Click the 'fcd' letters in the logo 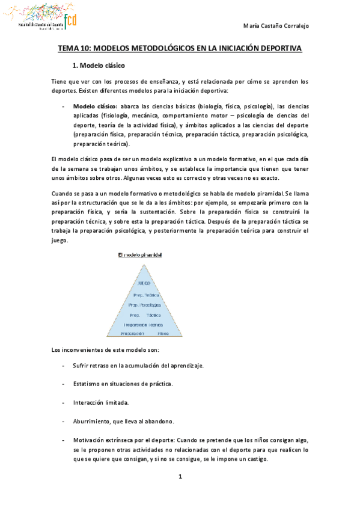pos(69,19)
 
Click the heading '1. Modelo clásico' pos(97,66)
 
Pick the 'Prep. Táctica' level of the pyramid pos(145,315)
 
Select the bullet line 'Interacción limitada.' pos(100,402)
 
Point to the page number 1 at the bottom pos(180,477)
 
